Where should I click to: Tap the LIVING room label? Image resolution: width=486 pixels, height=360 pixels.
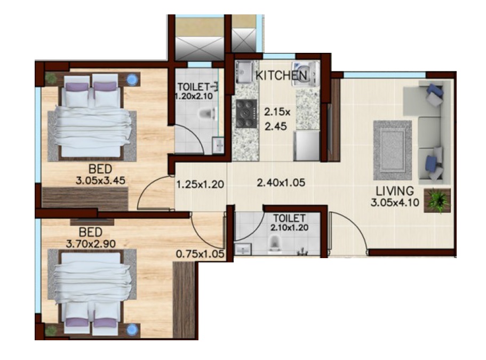(x=395, y=191)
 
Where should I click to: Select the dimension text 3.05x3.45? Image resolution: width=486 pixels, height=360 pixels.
(x=100, y=180)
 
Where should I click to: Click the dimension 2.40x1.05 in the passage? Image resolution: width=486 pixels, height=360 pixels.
(x=281, y=183)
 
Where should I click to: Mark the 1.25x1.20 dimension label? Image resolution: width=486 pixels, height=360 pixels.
(x=200, y=185)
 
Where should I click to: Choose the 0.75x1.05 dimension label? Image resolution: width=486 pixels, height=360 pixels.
(x=200, y=254)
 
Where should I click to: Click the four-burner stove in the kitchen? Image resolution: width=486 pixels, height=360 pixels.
(x=245, y=113)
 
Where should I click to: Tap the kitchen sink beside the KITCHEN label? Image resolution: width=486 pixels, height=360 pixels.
(x=244, y=71)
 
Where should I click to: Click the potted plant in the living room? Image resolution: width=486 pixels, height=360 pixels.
(x=438, y=200)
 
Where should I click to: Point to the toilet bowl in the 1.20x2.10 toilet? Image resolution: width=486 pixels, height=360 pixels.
(x=207, y=113)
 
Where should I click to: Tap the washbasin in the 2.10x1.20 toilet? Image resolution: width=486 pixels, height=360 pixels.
(x=243, y=249)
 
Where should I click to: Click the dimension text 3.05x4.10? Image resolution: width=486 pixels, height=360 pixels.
(x=394, y=202)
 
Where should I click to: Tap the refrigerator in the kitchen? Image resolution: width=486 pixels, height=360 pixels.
(x=307, y=145)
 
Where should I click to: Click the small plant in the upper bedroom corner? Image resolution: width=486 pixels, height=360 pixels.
(x=51, y=78)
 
